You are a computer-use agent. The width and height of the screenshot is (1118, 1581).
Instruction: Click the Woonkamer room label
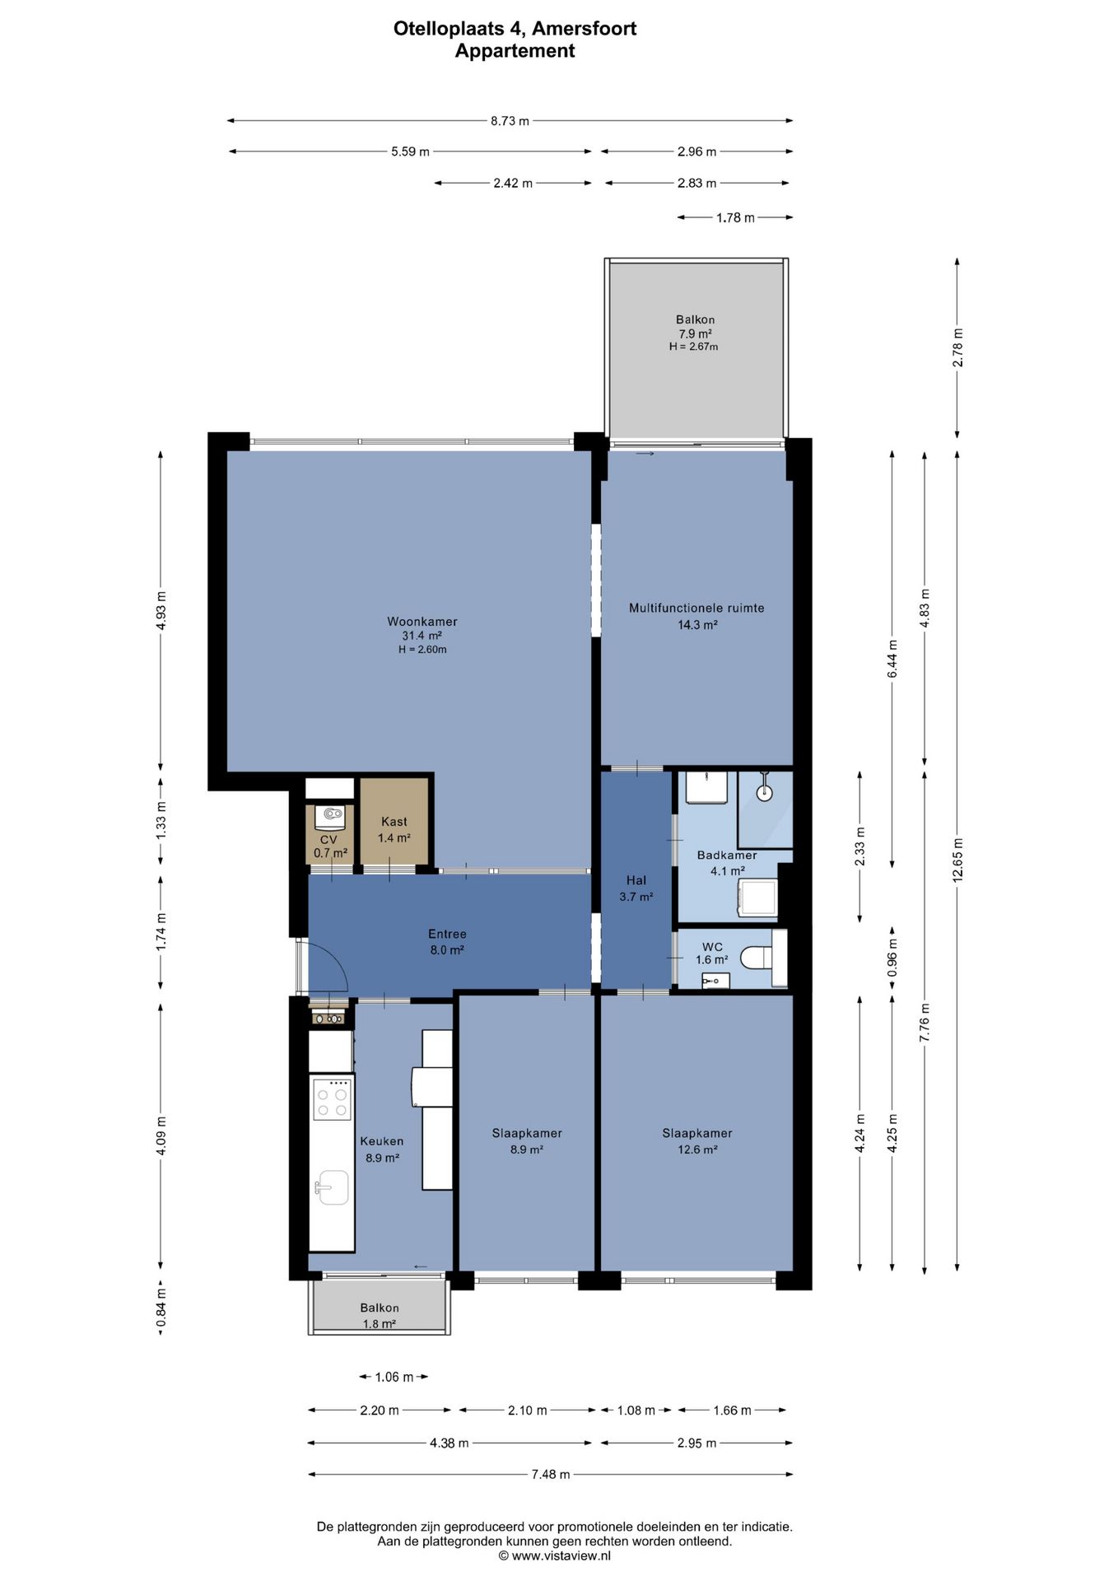(422, 622)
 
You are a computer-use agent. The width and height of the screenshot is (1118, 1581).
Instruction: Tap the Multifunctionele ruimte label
(696, 608)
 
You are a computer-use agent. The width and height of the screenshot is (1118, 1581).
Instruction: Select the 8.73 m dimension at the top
(510, 120)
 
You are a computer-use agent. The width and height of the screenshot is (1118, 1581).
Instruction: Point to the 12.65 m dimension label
(957, 860)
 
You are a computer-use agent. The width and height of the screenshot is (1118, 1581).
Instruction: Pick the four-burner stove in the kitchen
(331, 1098)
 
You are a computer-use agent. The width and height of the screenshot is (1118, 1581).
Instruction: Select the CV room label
(329, 839)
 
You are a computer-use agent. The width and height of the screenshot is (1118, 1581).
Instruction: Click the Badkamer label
(727, 855)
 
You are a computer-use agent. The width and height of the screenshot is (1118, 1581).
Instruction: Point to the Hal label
(636, 880)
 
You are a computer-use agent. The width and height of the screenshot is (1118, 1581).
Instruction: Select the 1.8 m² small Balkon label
(380, 1324)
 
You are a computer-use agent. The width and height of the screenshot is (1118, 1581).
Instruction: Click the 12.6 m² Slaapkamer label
(697, 1150)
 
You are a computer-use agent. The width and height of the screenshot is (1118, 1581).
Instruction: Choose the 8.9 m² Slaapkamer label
(527, 1150)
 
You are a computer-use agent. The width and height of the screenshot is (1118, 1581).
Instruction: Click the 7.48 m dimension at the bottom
(551, 1474)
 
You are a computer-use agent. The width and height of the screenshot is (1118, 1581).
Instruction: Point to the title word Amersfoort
(585, 29)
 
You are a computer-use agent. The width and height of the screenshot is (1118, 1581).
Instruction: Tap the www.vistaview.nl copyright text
(555, 1555)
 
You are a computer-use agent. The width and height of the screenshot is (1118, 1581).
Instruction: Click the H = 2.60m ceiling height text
(422, 650)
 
